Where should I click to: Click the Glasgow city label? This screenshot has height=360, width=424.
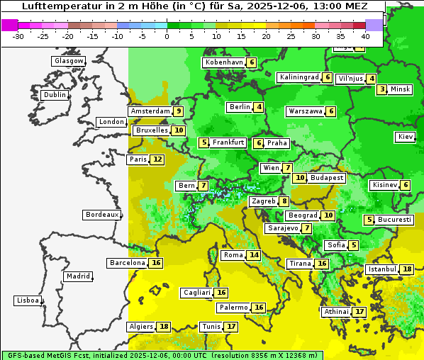tap(68, 61)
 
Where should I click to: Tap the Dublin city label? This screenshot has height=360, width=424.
tap(55, 95)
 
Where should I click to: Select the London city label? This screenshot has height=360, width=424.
tap(111, 122)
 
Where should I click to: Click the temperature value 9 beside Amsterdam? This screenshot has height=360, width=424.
tap(179, 111)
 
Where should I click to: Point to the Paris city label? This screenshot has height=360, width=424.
tap(138, 159)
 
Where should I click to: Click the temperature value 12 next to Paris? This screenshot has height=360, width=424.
tap(157, 159)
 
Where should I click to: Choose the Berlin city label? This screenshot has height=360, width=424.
tap(240, 107)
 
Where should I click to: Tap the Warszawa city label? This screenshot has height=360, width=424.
tap(305, 111)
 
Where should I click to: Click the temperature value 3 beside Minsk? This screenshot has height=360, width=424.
tap(382, 89)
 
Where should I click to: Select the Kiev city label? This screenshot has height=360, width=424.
tap(406, 137)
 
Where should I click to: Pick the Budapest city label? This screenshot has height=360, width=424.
tap(327, 178)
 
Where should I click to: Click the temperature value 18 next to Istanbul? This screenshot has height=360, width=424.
tap(407, 269)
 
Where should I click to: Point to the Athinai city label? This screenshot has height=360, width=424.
tap(336, 312)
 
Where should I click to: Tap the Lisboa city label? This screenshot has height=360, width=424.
tap(28, 300)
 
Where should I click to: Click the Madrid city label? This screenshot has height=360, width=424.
tap(78, 276)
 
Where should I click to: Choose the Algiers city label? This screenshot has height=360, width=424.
tap(140, 327)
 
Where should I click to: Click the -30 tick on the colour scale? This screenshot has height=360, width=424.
tap(18, 36)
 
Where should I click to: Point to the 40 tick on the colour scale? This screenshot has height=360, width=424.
tap(365, 36)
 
